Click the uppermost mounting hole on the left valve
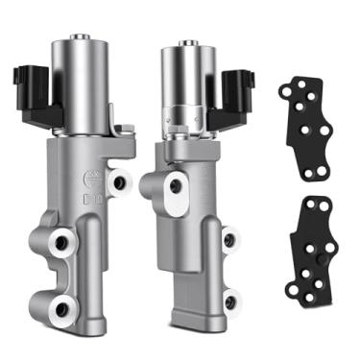coord(120,180)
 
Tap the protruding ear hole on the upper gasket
coord(285,90)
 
